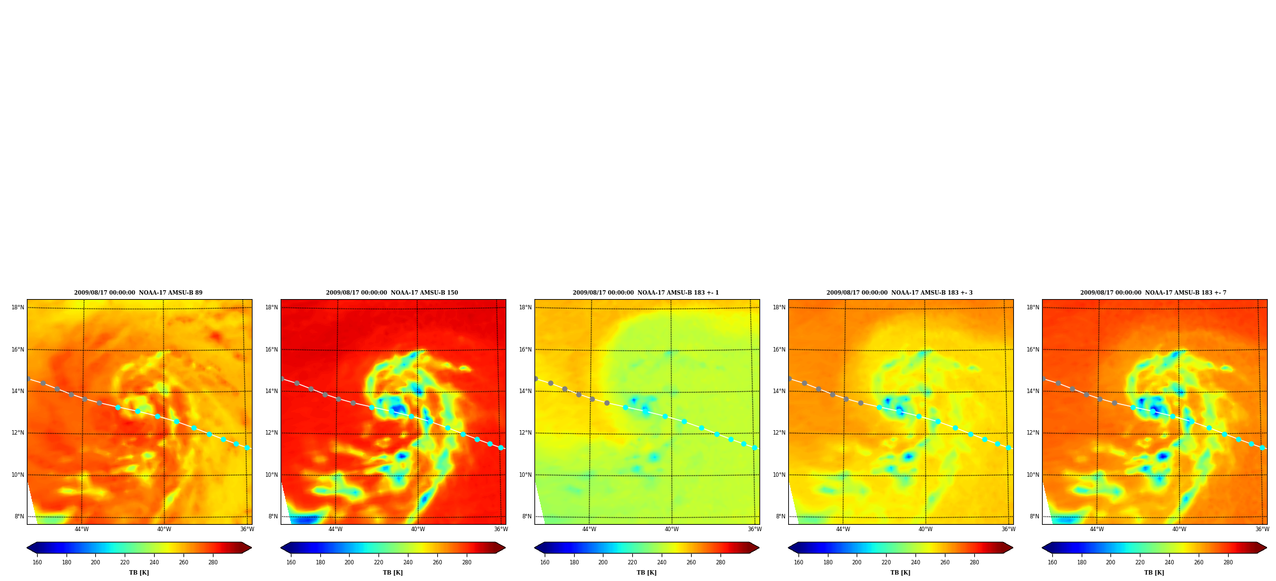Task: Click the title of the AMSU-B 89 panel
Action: click(x=138, y=293)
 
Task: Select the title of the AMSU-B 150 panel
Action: click(x=392, y=293)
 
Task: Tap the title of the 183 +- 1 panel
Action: click(x=646, y=293)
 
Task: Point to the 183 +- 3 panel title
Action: click(x=899, y=293)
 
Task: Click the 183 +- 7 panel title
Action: click(x=1153, y=293)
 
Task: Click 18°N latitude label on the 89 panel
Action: click(x=17, y=307)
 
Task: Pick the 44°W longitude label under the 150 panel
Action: click(x=336, y=529)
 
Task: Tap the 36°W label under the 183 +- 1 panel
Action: click(x=755, y=529)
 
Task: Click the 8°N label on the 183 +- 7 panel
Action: click(x=1034, y=516)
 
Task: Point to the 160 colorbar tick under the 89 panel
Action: click(x=37, y=562)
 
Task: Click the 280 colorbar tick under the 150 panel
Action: click(x=467, y=562)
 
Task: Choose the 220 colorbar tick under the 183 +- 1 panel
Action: click(x=632, y=562)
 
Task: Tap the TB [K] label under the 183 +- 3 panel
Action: click(x=900, y=573)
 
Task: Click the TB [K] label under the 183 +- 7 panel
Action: click(x=1154, y=573)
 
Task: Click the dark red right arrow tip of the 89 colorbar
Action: click(x=251, y=548)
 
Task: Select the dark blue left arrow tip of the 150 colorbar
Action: click(x=281, y=548)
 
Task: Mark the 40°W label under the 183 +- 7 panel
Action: click(x=1179, y=529)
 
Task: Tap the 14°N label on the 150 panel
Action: click(x=271, y=391)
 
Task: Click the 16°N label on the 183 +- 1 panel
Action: click(x=525, y=350)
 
